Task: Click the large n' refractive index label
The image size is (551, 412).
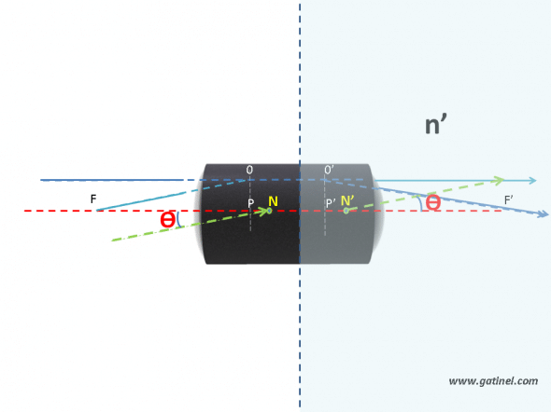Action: coord(436,125)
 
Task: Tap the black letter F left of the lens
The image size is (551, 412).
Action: coord(93,199)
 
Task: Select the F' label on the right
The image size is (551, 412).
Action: coord(508,200)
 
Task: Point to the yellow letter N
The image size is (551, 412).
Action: coord(273,201)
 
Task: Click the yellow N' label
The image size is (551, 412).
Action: coord(347,200)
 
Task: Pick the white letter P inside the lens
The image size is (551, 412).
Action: coord(250,203)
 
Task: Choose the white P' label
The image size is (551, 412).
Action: coord(331,203)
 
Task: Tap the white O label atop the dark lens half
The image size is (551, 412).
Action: coord(249,170)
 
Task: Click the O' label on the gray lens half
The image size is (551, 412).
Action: coord(329,170)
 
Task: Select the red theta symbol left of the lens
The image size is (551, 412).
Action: coord(167,220)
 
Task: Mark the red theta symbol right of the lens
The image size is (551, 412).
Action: coord(433,202)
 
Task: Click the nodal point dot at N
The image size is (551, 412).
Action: coord(269,211)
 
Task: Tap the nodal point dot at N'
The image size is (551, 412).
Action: coord(346,211)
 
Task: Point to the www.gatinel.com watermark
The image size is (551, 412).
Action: coord(493,381)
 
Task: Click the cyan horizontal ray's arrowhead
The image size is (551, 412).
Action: coord(532,181)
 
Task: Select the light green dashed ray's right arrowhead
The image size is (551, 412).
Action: coord(500,180)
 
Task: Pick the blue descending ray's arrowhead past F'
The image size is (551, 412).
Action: coord(544,213)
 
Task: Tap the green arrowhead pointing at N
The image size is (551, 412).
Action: coord(262,212)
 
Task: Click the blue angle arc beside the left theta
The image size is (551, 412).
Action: coord(178,220)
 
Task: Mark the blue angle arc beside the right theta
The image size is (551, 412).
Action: coord(419,203)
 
